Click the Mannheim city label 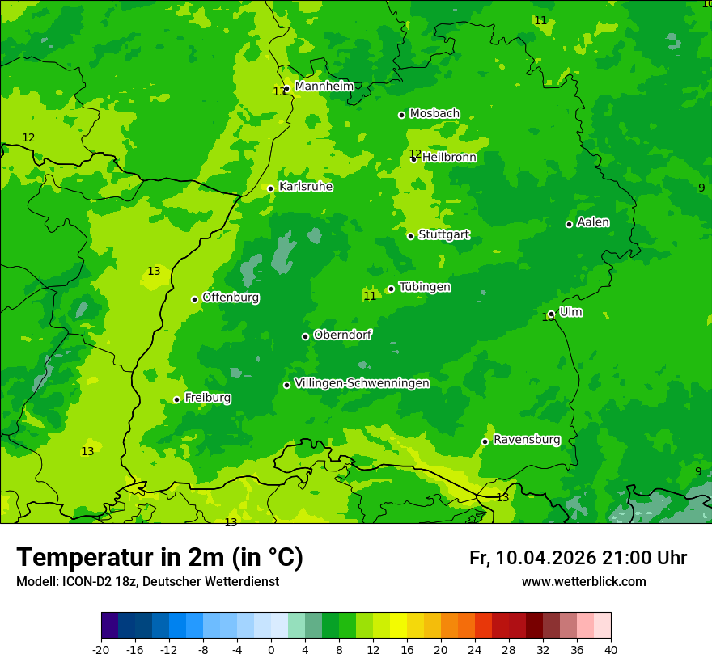[324, 87]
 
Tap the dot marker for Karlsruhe [270, 188]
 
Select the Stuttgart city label [443, 235]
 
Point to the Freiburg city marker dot [176, 399]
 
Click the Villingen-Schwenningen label [362, 383]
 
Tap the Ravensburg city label [526, 440]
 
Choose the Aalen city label [593, 222]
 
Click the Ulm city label [570, 312]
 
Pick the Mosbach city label [434, 114]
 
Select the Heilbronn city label [449, 158]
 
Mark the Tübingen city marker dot [391, 289]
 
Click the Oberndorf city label [342, 335]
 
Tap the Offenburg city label [231, 298]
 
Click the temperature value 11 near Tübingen [370, 297]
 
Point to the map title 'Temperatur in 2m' [159, 558]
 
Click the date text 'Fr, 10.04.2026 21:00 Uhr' [578, 558]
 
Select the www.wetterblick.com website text [583, 582]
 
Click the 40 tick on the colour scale [610, 649]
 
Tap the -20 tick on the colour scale [101, 649]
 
